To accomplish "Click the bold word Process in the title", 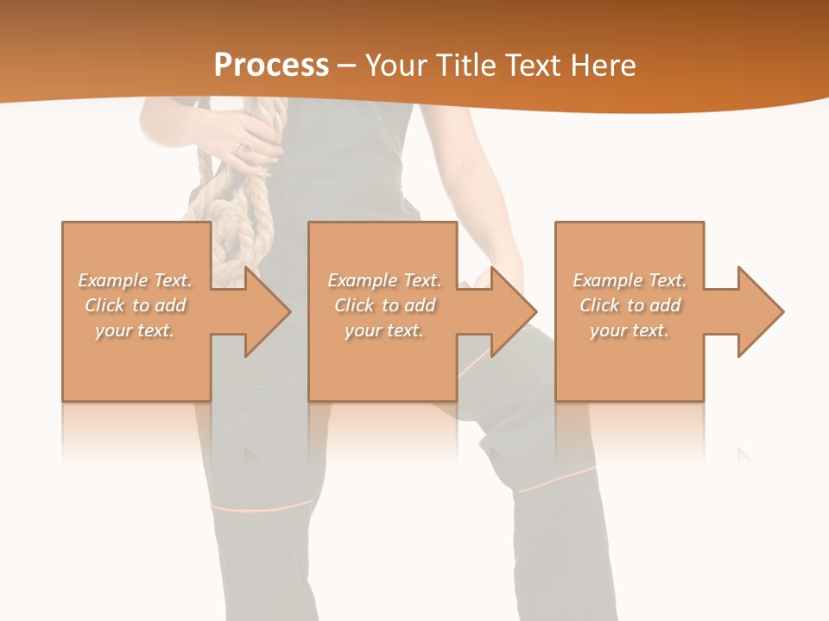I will pos(271,65).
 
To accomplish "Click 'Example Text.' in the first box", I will pos(135,280).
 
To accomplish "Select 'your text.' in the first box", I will pos(135,330).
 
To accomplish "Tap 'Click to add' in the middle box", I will pos(384,305).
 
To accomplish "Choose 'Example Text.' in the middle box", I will pos(384,280).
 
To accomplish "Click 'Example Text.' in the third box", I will pos(630,280).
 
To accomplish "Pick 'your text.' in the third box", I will pos(630,330).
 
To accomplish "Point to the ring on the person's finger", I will pos(243,148).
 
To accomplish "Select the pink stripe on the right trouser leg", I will pos(557,479).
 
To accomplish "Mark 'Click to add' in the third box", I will pos(630,305).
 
